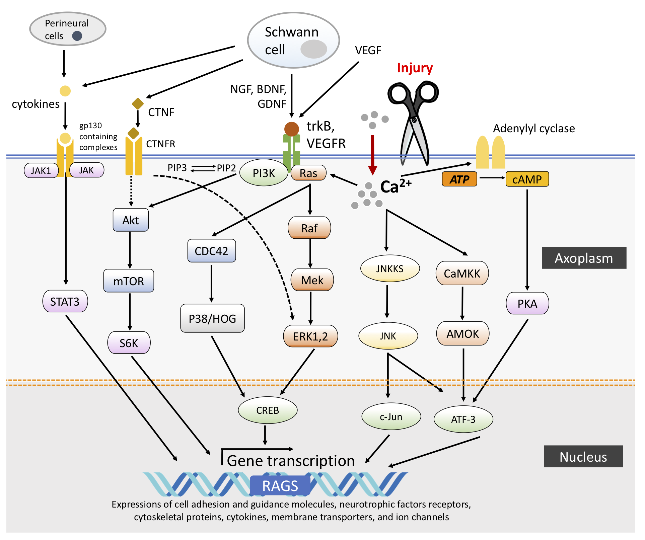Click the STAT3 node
pyautogui.click(x=65, y=301)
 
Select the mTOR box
pyautogui.click(x=129, y=281)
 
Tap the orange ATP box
pyautogui.click(x=459, y=179)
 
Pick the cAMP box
pyautogui.click(x=527, y=179)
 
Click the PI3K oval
pyautogui.click(x=264, y=173)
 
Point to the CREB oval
pyautogui.click(x=268, y=410)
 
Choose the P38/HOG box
pyautogui.click(x=212, y=318)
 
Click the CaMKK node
pyautogui.click(x=462, y=273)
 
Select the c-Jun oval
pyautogui.click(x=391, y=417)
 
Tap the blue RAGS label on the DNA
pyautogui.click(x=280, y=485)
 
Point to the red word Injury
pyautogui.click(x=415, y=68)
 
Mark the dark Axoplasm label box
pyautogui.click(x=584, y=258)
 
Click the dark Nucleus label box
pyautogui.click(x=583, y=456)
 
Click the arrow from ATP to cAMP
pyautogui.click(x=492, y=177)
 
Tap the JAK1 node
pyautogui.click(x=41, y=171)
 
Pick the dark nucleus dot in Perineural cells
pyautogui.click(x=77, y=36)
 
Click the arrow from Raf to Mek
pyautogui.click(x=310, y=253)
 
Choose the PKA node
pyautogui.click(x=527, y=303)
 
